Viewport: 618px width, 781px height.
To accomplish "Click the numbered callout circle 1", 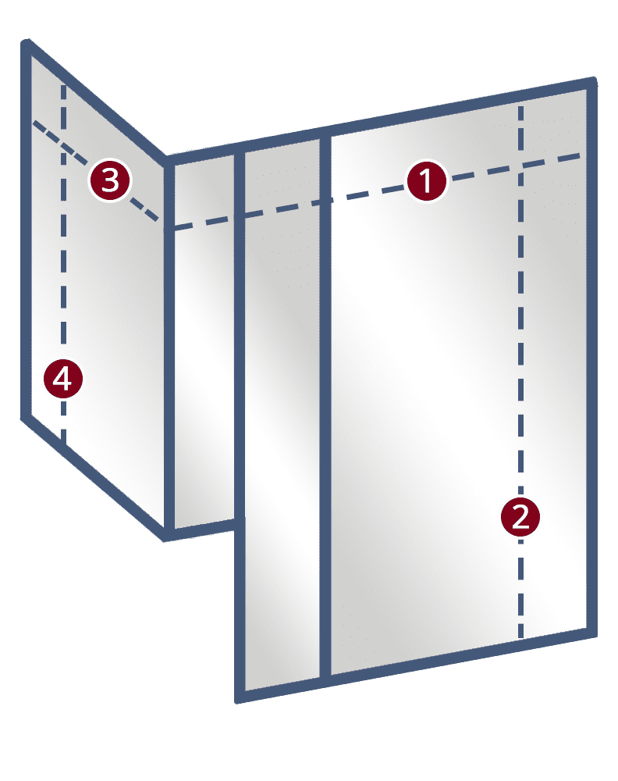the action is click(x=426, y=180).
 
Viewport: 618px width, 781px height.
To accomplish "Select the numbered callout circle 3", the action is click(x=110, y=180).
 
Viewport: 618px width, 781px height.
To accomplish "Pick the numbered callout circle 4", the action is click(x=62, y=379).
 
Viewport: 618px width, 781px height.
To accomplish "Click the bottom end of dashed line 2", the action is click(x=520, y=637).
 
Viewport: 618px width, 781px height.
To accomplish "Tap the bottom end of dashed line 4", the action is click(x=63, y=440).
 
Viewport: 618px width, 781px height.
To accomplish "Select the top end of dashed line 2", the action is click(x=520, y=105).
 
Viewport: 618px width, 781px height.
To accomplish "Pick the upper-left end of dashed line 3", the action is click(x=34, y=122).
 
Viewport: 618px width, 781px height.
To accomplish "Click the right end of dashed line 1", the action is click(x=581, y=156).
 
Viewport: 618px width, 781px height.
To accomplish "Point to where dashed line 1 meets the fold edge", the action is click(x=169, y=229).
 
